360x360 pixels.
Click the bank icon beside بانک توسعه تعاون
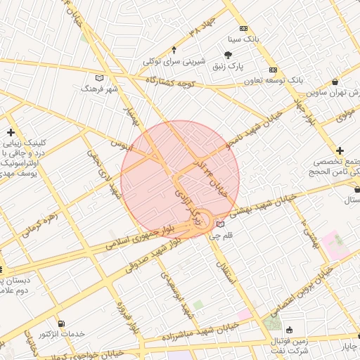tap(273, 70)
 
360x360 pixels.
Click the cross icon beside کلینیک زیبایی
tap(11, 132)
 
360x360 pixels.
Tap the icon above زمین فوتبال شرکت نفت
tap(288, 329)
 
